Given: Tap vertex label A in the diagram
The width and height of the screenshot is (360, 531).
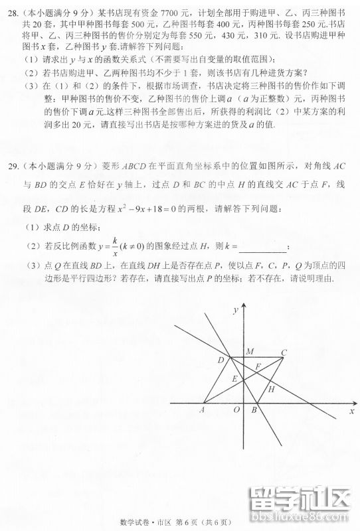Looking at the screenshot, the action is tap(202, 410).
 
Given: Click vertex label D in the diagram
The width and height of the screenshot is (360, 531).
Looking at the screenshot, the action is tap(221, 359).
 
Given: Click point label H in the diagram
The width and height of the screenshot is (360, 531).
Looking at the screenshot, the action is tap(272, 389).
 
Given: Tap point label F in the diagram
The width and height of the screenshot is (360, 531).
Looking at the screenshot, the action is tap(258, 366).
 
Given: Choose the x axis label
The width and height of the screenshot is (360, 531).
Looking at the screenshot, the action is tap(351, 412).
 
